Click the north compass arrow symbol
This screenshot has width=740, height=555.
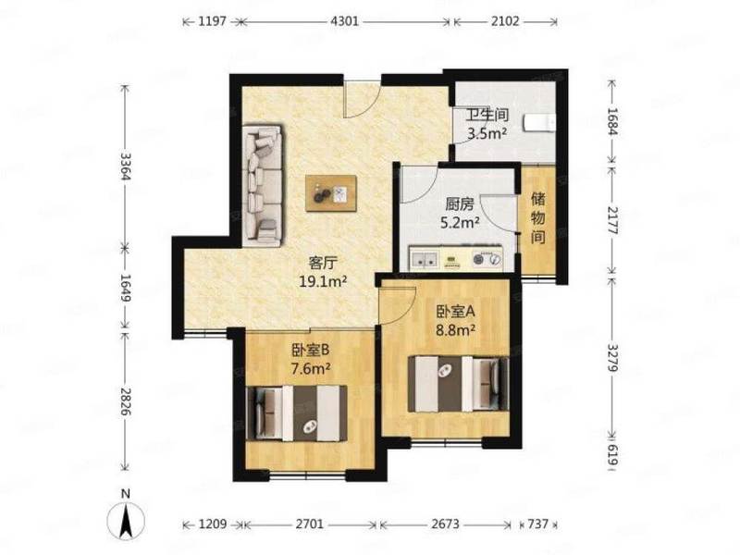pyautogui.click(x=126, y=520)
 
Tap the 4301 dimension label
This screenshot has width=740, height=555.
pyautogui.click(x=345, y=21)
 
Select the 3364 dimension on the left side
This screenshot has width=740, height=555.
pyautogui.click(x=126, y=166)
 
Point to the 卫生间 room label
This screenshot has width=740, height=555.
pyautogui.click(x=487, y=115)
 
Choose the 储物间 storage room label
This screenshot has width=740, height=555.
pyautogui.click(x=538, y=217)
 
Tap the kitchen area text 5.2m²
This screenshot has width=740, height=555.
pyautogui.click(x=460, y=223)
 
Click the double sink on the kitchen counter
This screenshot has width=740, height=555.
pyautogui.click(x=424, y=259)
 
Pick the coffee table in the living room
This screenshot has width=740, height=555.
pyautogui.click(x=331, y=193)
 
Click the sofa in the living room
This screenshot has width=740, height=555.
pyautogui.click(x=263, y=186)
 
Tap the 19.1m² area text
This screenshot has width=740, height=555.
pyautogui.click(x=323, y=282)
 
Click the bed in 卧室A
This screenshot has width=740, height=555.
pyautogui.click(x=458, y=384)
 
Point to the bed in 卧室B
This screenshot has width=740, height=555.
pyautogui.click(x=297, y=413)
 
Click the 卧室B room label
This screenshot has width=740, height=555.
pyautogui.click(x=310, y=350)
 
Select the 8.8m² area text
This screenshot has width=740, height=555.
pyautogui.click(x=455, y=330)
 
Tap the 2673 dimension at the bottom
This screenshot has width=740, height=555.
pyautogui.click(x=444, y=524)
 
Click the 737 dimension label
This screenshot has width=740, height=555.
pyautogui.click(x=537, y=524)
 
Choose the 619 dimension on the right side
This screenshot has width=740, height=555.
pyautogui.click(x=612, y=453)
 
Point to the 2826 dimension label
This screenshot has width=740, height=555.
pyautogui.click(x=126, y=401)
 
